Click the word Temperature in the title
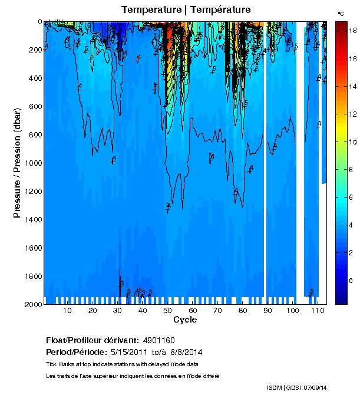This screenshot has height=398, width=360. [x=150, y=9]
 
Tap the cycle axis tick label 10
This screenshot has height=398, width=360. [x=68, y=311]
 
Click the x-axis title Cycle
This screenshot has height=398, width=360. [x=185, y=320]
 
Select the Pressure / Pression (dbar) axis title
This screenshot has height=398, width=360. [x=18, y=162]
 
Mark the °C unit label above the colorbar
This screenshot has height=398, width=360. [x=341, y=13]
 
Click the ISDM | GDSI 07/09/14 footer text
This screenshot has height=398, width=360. [x=296, y=387]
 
